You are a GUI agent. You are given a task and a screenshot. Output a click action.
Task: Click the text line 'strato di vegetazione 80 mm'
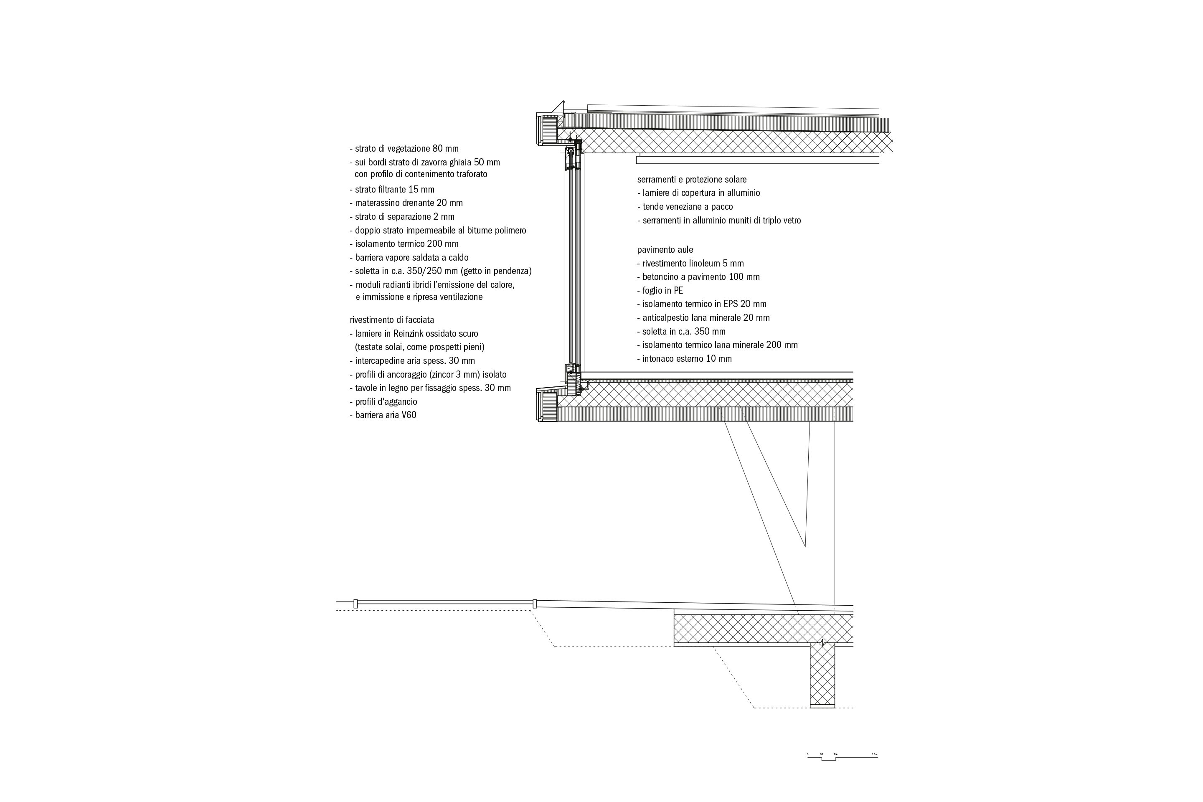click(404, 149)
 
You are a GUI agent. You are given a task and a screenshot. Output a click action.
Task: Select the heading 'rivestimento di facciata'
click(392, 320)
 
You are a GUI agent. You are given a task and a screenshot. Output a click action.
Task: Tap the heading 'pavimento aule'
click(665, 250)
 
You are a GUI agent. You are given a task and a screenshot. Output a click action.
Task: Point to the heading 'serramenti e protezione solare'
click(692, 180)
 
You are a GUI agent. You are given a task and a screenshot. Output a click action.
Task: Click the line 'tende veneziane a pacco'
click(685, 207)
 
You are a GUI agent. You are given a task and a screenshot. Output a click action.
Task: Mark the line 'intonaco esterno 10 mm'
click(684, 358)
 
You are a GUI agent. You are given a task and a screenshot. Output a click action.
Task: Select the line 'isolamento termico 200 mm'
click(404, 244)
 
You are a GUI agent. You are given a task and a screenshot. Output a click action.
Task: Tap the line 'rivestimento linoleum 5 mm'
click(690, 264)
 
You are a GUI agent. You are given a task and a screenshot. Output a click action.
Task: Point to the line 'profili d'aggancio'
click(383, 401)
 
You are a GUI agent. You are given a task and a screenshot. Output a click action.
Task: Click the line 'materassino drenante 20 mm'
click(406, 203)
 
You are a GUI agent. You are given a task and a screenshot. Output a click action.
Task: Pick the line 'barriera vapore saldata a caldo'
click(409, 258)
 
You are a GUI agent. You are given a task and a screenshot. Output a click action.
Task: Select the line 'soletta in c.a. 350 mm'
click(681, 331)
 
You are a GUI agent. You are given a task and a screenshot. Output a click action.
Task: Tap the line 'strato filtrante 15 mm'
click(392, 190)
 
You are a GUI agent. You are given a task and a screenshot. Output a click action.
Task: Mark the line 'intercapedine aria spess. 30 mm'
click(412, 360)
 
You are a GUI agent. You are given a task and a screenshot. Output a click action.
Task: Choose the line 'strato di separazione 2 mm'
click(402, 217)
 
